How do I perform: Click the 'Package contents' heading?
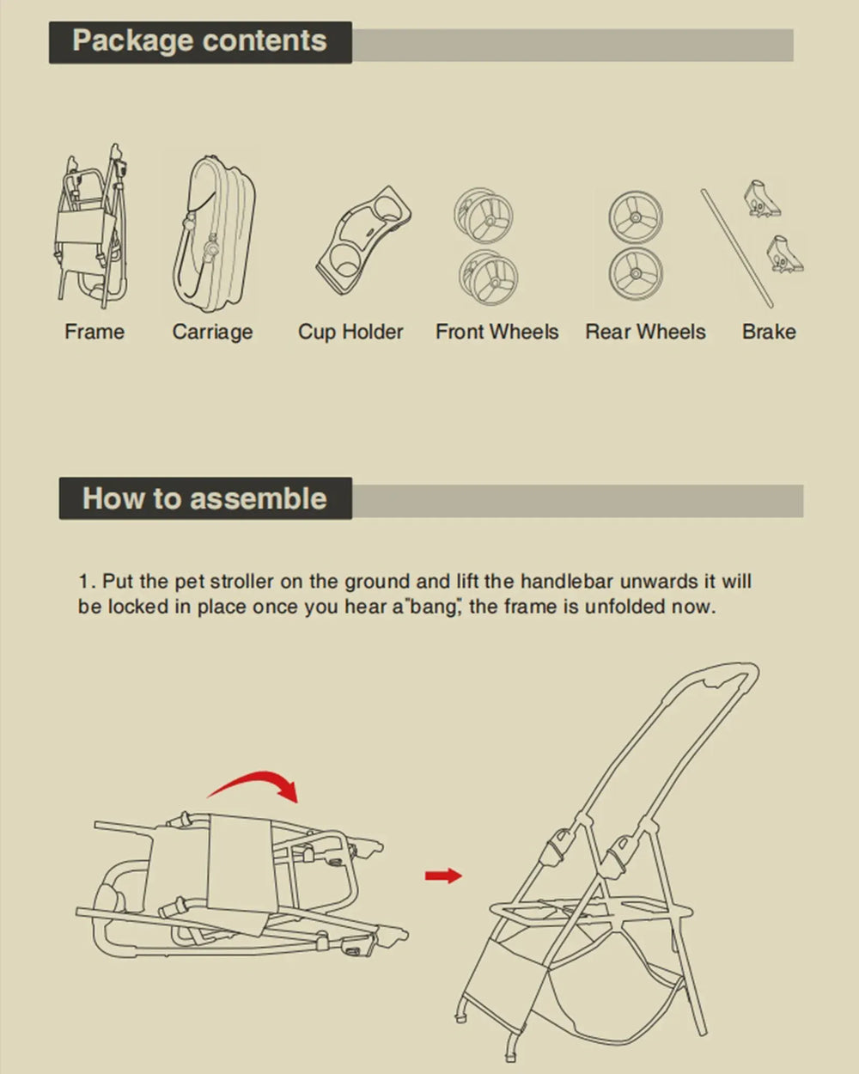[199, 41]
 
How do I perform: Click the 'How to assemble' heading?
[204, 498]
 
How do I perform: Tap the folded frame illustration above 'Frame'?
[91, 227]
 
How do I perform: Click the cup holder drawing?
[363, 241]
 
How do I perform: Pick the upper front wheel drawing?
[483, 216]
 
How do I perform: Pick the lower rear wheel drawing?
[636, 274]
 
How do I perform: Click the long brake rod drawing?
[737, 248]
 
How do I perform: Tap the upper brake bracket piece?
[762, 199]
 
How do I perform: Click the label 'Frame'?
[94, 332]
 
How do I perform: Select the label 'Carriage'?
[213, 333]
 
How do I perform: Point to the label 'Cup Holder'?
[350, 332]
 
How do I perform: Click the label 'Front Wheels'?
[497, 332]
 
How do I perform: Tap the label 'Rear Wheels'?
[645, 332]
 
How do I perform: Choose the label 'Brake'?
[769, 332]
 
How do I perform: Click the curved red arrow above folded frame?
[253, 785]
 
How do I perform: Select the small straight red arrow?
[443, 876]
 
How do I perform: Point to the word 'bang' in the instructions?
[432, 607]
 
